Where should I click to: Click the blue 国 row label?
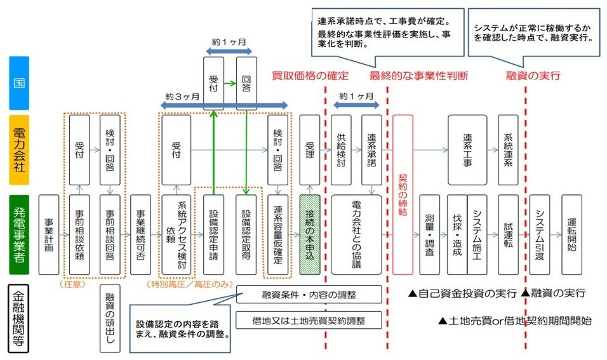point(19,83)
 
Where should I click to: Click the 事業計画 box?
point(49,234)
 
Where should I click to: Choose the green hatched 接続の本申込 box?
point(309,234)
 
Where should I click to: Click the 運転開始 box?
point(571,234)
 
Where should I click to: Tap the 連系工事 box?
point(467,149)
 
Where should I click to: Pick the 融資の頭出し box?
point(110,318)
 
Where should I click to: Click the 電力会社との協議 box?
point(356,234)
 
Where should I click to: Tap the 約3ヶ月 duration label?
point(182,97)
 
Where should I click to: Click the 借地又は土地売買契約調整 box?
point(309,319)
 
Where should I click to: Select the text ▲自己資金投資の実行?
point(462,293)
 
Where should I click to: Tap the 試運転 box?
point(508,234)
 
